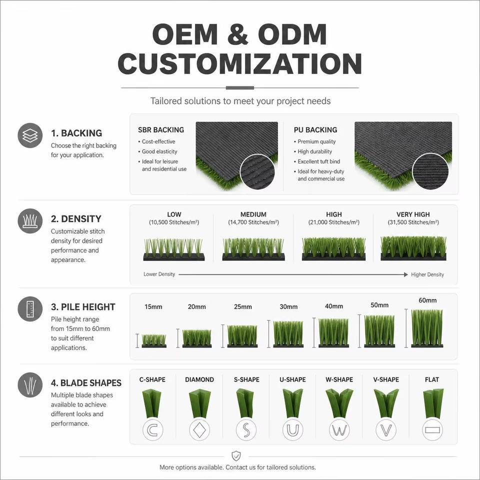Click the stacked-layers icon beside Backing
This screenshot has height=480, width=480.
coord(30,135)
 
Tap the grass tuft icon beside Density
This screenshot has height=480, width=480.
coord(30,220)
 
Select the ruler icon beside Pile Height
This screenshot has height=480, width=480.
coord(30,308)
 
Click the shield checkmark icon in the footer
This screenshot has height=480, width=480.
coord(236,456)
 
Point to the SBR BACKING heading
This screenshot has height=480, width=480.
coord(161,130)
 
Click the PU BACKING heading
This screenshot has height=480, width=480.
coord(315,130)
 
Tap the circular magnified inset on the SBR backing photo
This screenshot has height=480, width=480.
coord(257,171)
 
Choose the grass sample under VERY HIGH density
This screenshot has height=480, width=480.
coord(413,248)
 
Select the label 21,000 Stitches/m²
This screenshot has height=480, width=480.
coord(334,222)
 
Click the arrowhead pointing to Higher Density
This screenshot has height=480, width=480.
coord(405,274)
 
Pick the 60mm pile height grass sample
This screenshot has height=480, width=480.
coord(427,328)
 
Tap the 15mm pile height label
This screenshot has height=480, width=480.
coord(153,306)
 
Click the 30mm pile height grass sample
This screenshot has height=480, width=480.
coord(288,334)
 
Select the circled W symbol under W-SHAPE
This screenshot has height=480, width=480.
coord(339,430)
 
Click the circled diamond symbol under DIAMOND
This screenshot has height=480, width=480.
coord(199,430)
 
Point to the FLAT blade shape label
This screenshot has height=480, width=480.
coord(432,379)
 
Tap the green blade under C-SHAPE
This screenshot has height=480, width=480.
coord(152,403)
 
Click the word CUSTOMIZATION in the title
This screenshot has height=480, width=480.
coord(240,63)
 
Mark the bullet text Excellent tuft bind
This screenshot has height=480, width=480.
coord(318,161)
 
